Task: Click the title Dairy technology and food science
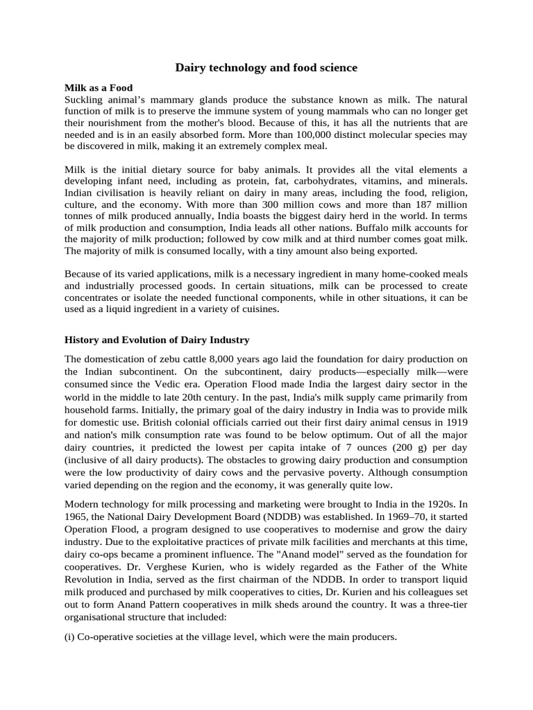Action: point(266,67)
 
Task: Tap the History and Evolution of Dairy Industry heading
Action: point(157,340)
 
